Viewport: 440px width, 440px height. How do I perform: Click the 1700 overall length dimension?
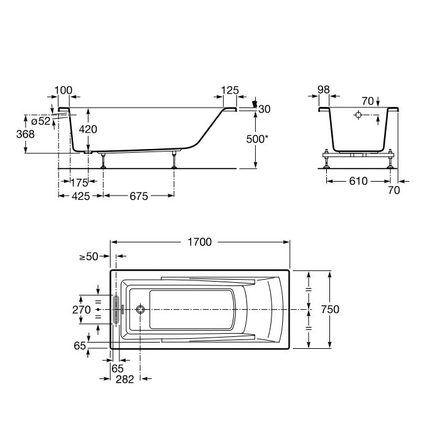point(199,242)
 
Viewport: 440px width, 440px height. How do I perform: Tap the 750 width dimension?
point(330,309)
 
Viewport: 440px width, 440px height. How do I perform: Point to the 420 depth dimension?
point(88,129)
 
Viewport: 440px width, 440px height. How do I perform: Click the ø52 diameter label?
point(41,121)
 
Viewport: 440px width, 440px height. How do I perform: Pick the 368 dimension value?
point(26,134)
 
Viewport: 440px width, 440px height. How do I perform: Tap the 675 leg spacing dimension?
point(139,196)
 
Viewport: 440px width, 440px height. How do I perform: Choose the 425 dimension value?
point(81,196)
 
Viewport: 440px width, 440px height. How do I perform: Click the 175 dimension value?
point(79,183)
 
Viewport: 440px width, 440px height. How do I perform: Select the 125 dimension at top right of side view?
point(230,91)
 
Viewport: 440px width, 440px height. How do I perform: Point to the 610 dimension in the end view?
point(358,181)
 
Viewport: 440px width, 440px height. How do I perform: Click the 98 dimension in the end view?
point(324,90)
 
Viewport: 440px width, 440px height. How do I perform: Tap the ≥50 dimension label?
point(89,256)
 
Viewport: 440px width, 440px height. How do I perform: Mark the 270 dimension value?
point(82,310)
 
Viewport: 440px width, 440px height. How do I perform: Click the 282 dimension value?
point(125,380)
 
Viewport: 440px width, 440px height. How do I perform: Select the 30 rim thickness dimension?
point(265,109)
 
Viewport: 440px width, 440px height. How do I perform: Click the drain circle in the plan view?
point(140,309)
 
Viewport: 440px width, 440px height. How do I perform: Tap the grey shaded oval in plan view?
point(116,309)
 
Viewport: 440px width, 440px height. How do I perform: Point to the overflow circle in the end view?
point(358,115)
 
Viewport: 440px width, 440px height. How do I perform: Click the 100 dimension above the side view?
point(63,91)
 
